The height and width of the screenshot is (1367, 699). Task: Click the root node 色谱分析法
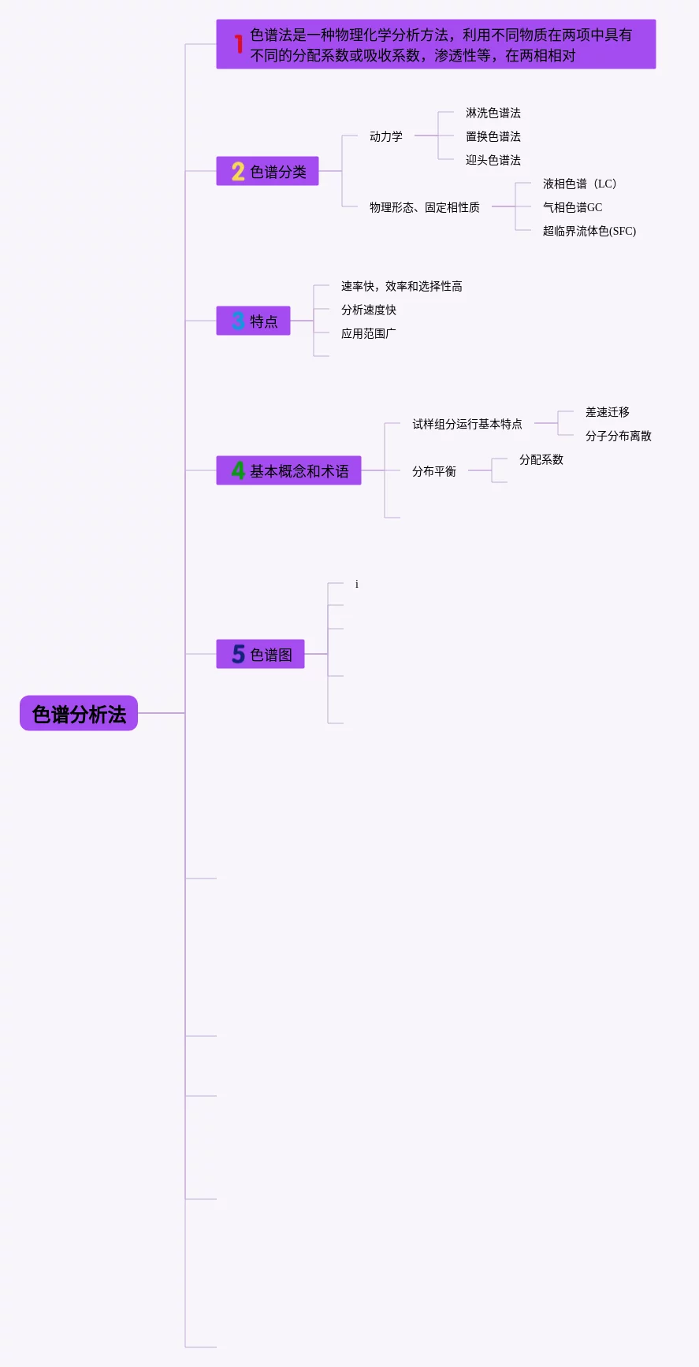(x=79, y=714)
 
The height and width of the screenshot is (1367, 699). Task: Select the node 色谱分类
(x=268, y=172)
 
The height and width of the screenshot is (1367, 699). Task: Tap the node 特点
(x=254, y=321)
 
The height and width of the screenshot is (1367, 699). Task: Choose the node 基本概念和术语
(x=289, y=471)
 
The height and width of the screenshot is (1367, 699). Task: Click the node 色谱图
(x=261, y=655)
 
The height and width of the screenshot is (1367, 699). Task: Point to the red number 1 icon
(x=238, y=44)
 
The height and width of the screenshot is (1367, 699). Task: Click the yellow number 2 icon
(x=238, y=172)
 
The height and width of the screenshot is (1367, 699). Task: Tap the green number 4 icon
(x=238, y=471)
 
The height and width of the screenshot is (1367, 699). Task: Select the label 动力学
(x=386, y=136)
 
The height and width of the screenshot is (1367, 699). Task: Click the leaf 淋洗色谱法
(x=493, y=113)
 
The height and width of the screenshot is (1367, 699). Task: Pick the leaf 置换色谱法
(x=493, y=136)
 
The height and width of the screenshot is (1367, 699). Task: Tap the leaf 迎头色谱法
(x=493, y=160)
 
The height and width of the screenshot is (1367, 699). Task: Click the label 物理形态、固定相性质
(x=424, y=207)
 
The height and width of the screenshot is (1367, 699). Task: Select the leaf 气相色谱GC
(x=572, y=207)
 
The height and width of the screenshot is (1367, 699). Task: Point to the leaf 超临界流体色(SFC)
(x=589, y=231)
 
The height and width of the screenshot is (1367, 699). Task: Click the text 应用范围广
(x=368, y=333)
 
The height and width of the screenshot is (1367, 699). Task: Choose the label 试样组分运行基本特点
(x=467, y=424)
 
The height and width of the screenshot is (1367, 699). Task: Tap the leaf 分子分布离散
(x=618, y=436)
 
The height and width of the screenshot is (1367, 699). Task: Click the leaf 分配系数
(x=541, y=459)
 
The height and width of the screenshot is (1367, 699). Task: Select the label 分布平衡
(x=433, y=471)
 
